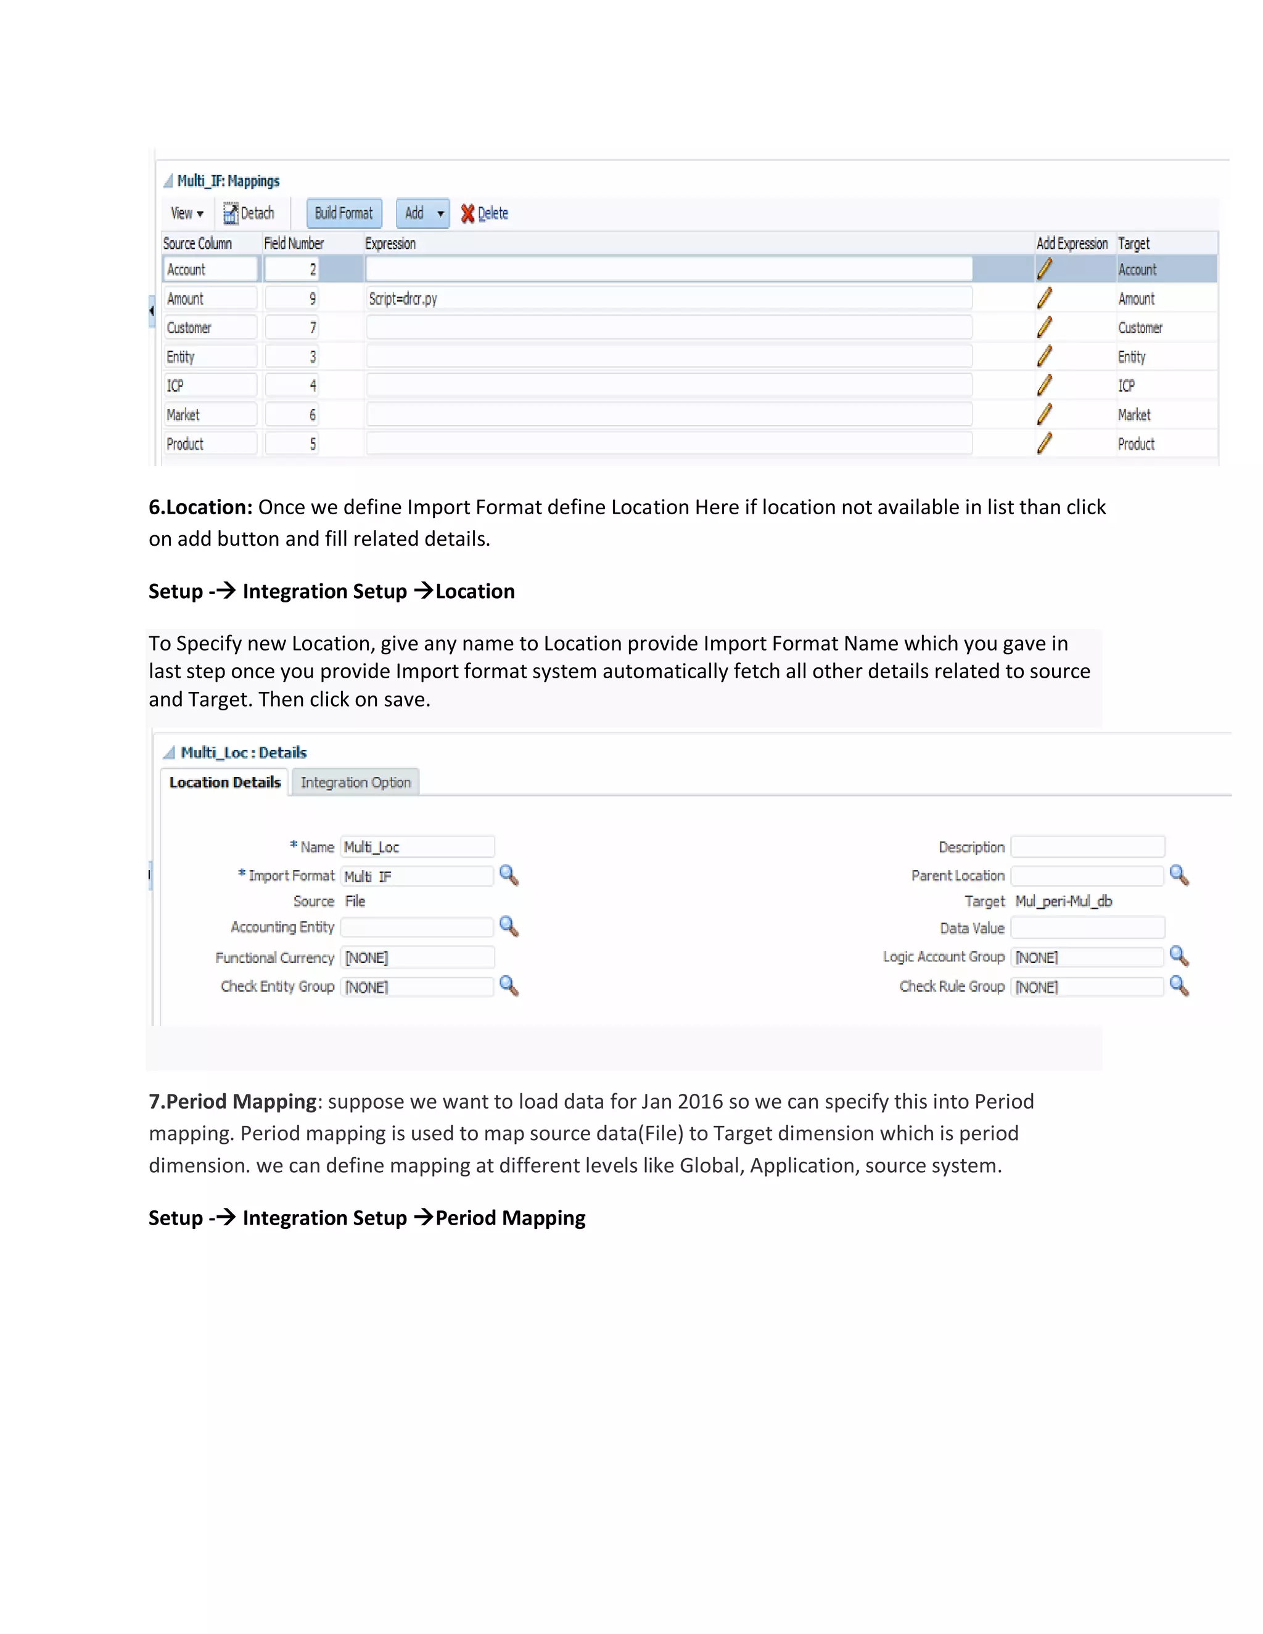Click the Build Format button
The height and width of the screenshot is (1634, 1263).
(344, 213)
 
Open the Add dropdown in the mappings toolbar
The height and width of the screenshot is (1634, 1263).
(422, 213)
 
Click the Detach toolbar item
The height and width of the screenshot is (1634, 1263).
(249, 213)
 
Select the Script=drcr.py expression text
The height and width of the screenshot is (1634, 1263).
(403, 298)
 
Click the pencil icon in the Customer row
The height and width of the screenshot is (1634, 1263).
(1045, 327)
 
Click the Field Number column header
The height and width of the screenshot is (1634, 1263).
(294, 243)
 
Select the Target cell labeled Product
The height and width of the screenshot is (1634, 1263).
(1136, 444)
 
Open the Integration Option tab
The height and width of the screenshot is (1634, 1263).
(355, 782)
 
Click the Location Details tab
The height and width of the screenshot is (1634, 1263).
(224, 782)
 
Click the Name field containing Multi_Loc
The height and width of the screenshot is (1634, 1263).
(417, 847)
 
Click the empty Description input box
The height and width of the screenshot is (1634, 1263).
(1087, 847)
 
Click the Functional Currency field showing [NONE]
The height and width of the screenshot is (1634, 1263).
(417, 958)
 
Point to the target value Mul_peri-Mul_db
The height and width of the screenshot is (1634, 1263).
(1063, 901)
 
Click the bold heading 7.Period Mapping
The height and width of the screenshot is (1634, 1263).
(232, 1101)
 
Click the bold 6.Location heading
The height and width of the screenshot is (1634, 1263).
(200, 507)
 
